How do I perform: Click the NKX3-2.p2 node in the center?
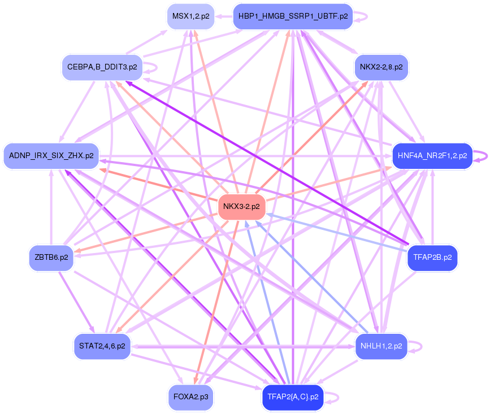point(241,206)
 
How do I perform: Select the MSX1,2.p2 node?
point(190,16)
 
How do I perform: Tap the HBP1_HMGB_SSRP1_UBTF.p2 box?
point(293,16)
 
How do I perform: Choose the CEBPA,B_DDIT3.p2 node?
point(102,67)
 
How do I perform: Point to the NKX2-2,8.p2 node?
point(381,67)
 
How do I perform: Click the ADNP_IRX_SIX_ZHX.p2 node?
point(51,155)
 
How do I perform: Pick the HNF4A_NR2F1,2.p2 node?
point(432,155)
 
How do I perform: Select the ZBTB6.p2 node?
point(51,258)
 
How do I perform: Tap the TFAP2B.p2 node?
point(432,258)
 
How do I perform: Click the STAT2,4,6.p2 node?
point(102,346)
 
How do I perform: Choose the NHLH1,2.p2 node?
point(381,346)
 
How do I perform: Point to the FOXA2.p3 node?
point(191,397)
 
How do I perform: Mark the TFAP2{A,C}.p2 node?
point(292,397)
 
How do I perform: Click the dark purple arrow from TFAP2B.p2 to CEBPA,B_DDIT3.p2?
point(266,163)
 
